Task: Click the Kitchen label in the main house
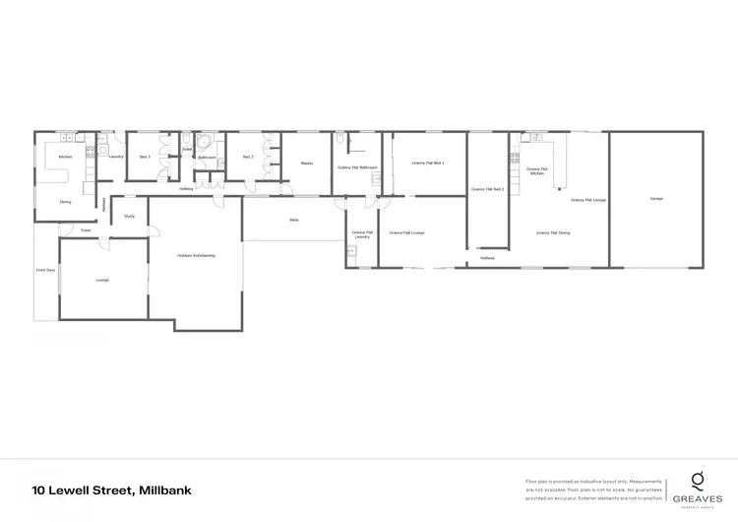tap(65, 157)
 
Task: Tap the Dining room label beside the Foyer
tap(65, 202)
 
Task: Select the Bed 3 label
tap(144, 157)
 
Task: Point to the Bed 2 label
tap(248, 157)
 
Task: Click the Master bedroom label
tap(306, 163)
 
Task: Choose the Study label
tap(129, 216)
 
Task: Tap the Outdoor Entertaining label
tap(196, 256)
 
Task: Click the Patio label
tap(293, 220)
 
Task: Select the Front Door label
tap(45, 269)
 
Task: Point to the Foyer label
tap(86, 230)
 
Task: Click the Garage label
tap(655, 199)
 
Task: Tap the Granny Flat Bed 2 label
tap(487, 188)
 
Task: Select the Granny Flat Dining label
tap(554, 233)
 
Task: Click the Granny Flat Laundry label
tap(361, 235)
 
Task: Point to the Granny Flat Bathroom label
tap(356, 168)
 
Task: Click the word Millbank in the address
tap(165, 489)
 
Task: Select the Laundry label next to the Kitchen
tap(115, 157)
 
